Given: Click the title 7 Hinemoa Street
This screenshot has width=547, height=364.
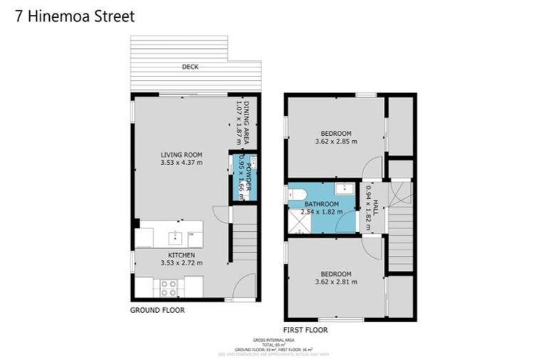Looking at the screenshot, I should [74, 16].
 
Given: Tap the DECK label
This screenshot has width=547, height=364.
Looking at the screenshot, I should [190, 67].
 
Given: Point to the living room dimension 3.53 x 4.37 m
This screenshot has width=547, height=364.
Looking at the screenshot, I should [182, 163].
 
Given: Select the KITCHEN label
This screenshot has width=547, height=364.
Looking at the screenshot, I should [182, 255].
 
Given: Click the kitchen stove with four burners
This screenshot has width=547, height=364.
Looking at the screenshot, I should [169, 287].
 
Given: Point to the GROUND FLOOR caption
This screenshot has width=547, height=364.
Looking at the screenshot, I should [157, 310].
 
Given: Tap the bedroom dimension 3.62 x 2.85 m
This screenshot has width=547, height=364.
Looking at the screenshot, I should [335, 141].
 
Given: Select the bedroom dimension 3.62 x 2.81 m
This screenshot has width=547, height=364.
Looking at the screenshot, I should [335, 282].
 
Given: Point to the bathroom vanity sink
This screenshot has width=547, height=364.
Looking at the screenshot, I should [345, 188].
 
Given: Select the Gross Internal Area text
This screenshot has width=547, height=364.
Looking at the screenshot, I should [273, 341].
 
